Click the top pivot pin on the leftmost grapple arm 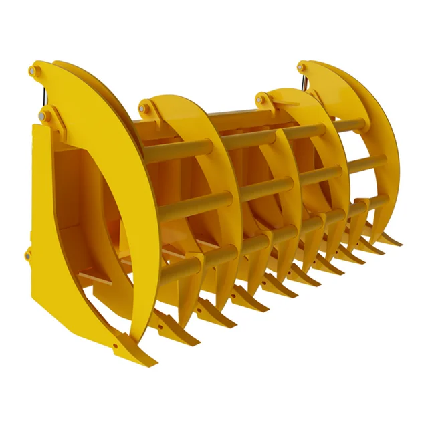pyautogui.click(x=34, y=68)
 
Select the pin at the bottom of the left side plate pyautogui.click(x=28, y=253)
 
